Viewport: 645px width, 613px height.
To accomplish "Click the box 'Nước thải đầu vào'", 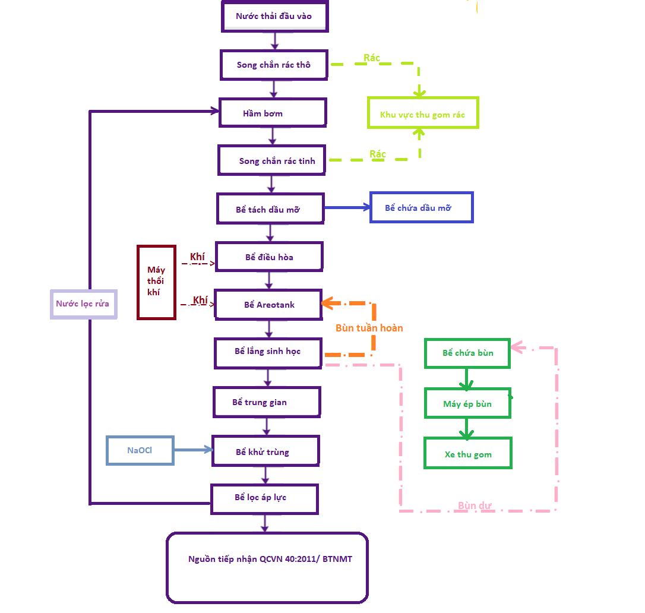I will click(x=274, y=17).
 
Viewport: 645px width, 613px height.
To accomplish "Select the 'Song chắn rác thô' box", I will click(x=274, y=65).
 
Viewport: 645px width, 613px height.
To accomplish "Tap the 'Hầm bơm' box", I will click(x=273, y=113).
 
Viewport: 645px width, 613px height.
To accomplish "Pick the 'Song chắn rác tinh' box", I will click(x=271, y=160).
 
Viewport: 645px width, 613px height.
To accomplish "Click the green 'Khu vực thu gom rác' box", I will click(x=422, y=113).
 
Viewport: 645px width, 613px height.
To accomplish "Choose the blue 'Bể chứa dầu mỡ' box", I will click(x=421, y=207).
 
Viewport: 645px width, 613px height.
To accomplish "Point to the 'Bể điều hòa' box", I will click(x=269, y=257).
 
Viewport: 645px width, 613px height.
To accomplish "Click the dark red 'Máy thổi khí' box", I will click(x=156, y=282).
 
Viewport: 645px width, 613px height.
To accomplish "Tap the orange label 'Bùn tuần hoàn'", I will click(x=369, y=328).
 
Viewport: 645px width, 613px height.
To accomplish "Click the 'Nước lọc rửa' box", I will click(x=83, y=304).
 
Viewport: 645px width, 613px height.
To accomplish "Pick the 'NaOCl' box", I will click(x=140, y=450).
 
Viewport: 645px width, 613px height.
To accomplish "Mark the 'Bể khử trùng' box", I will click(x=265, y=451).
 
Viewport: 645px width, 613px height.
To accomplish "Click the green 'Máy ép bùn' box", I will click(x=467, y=404).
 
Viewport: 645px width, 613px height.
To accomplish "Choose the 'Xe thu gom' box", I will click(x=467, y=454).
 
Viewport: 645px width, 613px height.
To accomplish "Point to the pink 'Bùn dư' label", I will click(x=474, y=506).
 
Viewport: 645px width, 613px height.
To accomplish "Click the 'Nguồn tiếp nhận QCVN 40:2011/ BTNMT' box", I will click(x=267, y=567).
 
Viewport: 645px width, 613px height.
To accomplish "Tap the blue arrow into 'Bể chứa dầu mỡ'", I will click(x=347, y=207).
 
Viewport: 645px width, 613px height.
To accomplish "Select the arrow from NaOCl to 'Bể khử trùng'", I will click(x=193, y=450).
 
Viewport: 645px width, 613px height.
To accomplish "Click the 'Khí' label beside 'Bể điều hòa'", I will click(x=197, y=257).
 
